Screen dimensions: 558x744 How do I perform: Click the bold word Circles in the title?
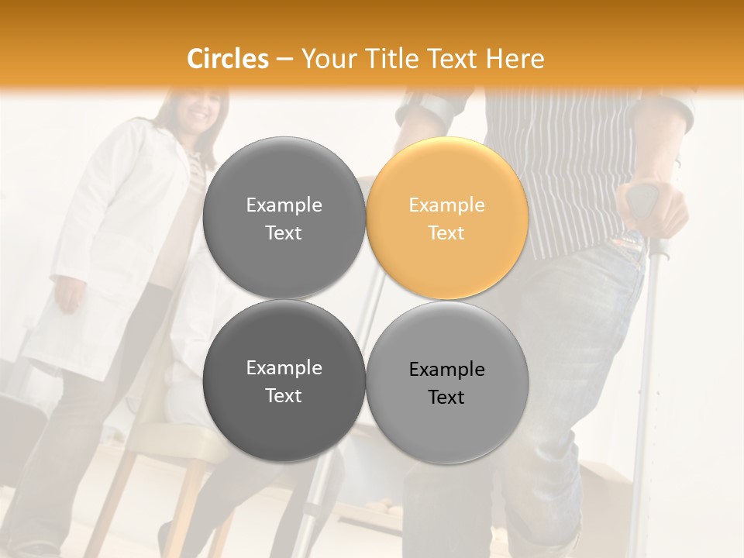pos(228,59)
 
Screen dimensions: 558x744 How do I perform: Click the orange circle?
pos(447,219)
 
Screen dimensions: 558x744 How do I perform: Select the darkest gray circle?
pos(284,381)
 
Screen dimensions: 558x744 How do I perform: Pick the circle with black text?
pos(447,383)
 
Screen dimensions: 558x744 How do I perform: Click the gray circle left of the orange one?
pos(284,219)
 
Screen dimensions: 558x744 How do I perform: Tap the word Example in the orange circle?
pos(447,205)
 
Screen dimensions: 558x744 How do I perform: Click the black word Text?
pos(446,398)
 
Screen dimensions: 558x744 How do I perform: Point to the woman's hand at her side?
pos(69,295)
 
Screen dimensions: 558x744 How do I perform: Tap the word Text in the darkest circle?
pos(284,396)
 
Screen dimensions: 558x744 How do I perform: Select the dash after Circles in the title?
pos(284,59)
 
